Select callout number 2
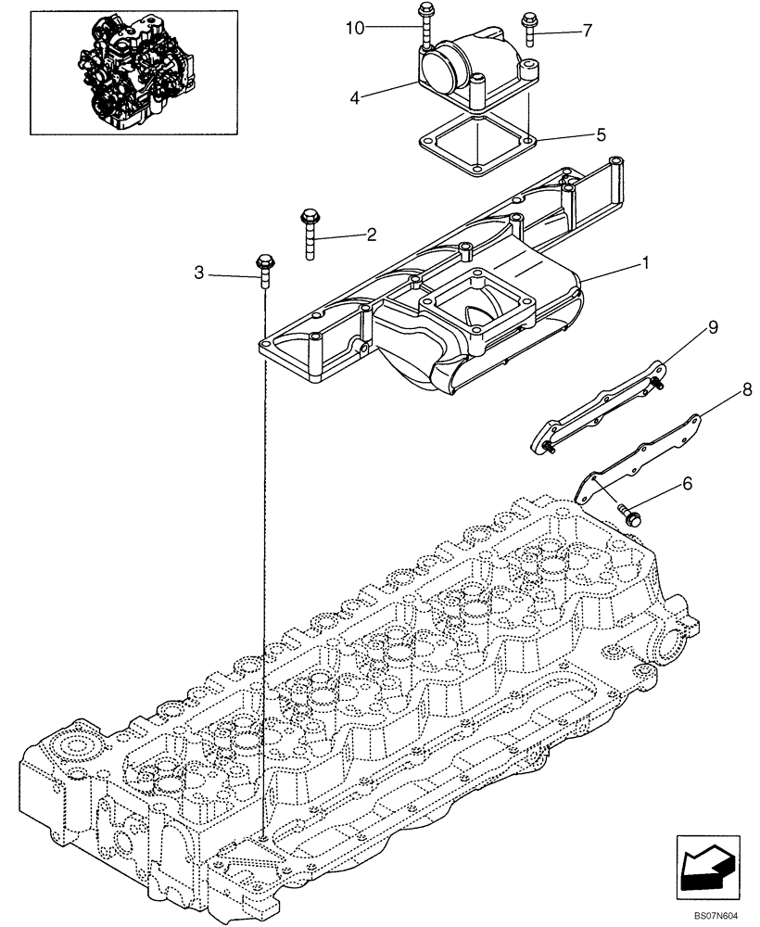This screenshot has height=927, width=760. [371, 235]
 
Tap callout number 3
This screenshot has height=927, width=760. [198, 273]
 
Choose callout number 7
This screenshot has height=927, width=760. [587, 32]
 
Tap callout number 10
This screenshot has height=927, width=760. [355, 28]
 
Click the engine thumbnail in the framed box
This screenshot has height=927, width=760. [133, 70]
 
